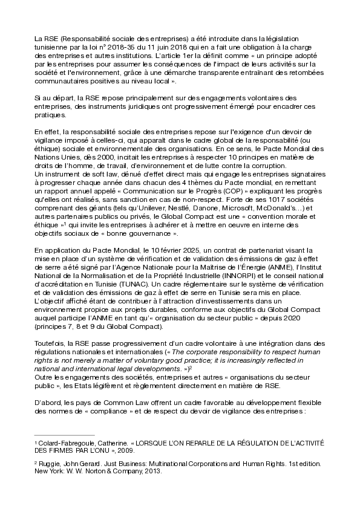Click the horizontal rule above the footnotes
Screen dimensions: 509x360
click(x=65, y=435)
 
